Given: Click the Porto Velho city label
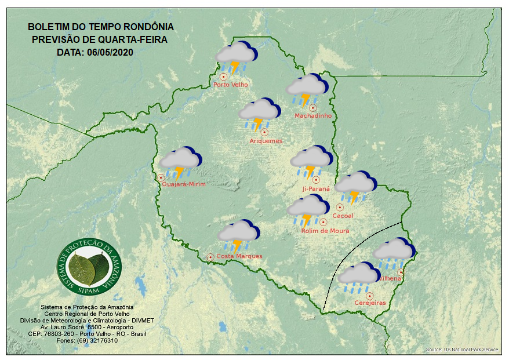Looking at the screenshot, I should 231,85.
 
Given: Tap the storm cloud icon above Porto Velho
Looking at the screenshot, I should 237,57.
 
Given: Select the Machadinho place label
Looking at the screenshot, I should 313,116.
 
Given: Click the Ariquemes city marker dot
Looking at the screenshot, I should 264,132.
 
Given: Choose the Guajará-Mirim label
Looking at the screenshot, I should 184,184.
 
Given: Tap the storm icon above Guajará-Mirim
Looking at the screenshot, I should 181,162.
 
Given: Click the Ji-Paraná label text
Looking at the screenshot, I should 316,189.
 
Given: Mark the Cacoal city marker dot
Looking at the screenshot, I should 340,207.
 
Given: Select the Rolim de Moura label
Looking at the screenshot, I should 325,231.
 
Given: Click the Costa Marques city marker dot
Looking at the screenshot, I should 210,256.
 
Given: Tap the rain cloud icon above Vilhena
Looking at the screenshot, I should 394,253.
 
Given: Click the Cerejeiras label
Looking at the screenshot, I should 370,303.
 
